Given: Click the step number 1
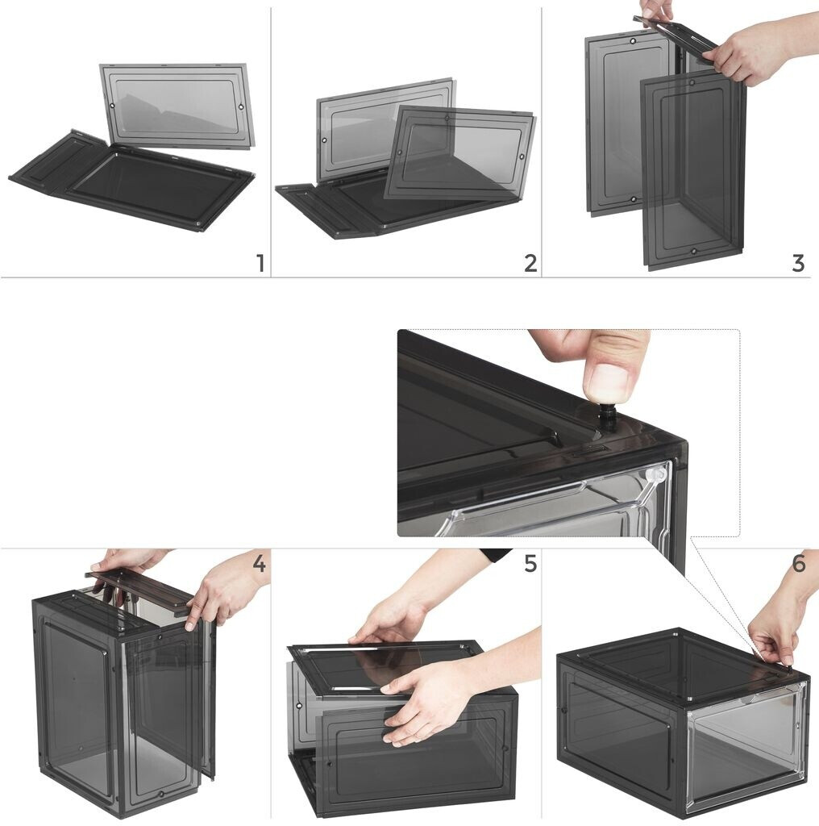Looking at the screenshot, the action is tap(260, 264).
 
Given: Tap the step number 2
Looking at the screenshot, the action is tap(530, 264).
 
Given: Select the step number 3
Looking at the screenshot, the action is tap(799, 264).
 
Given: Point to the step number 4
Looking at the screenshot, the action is tap(259, 564).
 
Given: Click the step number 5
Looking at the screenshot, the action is tap(530, 564).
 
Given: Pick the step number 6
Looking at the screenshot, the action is tap(799, 564).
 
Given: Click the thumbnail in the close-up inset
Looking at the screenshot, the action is tap(610, 378).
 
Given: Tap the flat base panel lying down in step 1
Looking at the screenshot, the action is tap(131, 181).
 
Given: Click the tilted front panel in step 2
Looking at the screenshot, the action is tap(459, 152).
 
